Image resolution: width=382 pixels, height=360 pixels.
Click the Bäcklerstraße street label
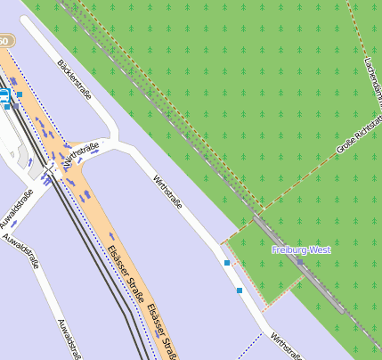click(x=75, y=79)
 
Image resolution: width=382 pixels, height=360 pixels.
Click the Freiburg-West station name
click(x=301, y=250)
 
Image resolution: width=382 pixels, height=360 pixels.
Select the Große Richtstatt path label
click(x=353, y=137)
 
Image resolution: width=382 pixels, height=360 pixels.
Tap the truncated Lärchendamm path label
click(x=373, y=75)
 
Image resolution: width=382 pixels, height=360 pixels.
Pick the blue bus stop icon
click(x=4, y=94)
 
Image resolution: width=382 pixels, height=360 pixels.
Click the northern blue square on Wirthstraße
click(x=227, y=263)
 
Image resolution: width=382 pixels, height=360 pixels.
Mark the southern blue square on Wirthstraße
click(x=240, y=290)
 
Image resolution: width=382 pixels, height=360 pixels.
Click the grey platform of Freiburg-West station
click(x=294, y=258)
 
